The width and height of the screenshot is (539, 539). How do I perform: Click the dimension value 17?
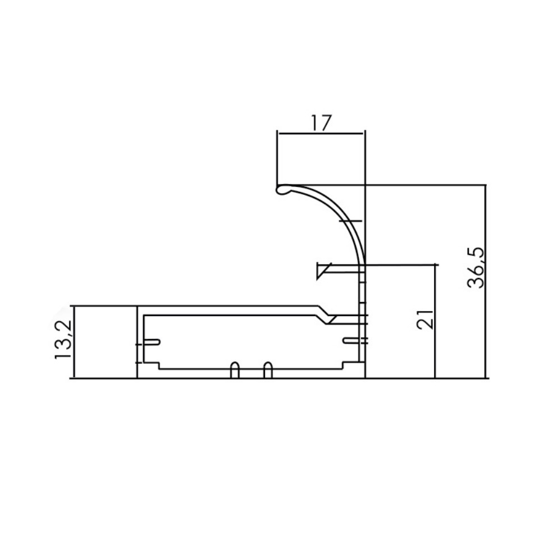click(x=321, y=123)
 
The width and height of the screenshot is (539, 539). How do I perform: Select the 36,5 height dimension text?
click(x=476, y=267)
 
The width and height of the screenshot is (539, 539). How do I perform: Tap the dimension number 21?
click(x=425, y=319)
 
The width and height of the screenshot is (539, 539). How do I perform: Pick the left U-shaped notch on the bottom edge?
click(x=235, y=370)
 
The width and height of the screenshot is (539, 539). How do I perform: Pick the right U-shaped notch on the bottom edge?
click(x=268, y=370)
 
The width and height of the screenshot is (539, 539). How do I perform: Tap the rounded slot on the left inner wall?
click(x=152, y=342)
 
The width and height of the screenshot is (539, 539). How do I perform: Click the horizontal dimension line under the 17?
click(x=321, y=134)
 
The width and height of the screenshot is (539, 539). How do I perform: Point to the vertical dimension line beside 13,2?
click(x=74, y=342)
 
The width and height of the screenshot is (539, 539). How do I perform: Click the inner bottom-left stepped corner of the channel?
click(x=158, y=366)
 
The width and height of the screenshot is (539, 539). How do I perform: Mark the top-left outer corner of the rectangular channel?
click(x=138, y=307)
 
